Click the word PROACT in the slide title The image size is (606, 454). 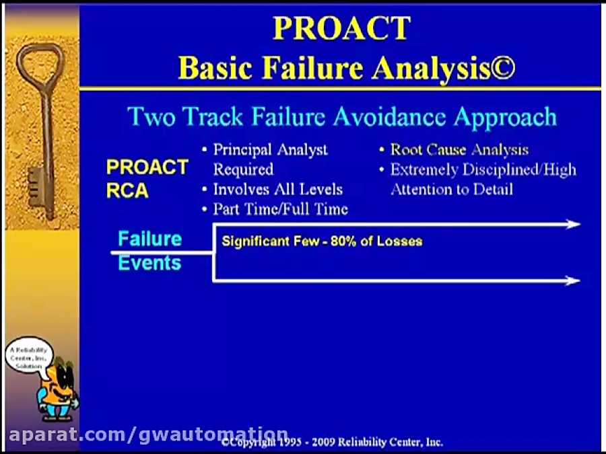pyautogui.click(x=341, y=28)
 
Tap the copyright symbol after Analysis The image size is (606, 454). pyautogui.click(x=502, y=68)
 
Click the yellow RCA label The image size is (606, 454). pyautogui.click(x=127, y=191)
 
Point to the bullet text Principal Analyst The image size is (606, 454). pyautogui.click(x=270, y=149)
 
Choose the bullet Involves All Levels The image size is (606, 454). pyautogui.click(x=277, y=189)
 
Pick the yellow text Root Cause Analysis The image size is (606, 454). pyautogui.click(x=459, y=149)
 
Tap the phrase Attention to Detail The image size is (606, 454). pyautogui.click(x=452, y=189)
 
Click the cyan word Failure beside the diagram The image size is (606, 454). pyautogui.click(x=149, y=239)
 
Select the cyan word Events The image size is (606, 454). pyautogui.click(x=149, y=263)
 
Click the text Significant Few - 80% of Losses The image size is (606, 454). pyautogui.click(x=322, y=241)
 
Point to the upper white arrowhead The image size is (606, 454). pyautogui.click(x=573, y=224)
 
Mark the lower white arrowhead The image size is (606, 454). pyautogui.click(x=573, y=280)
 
